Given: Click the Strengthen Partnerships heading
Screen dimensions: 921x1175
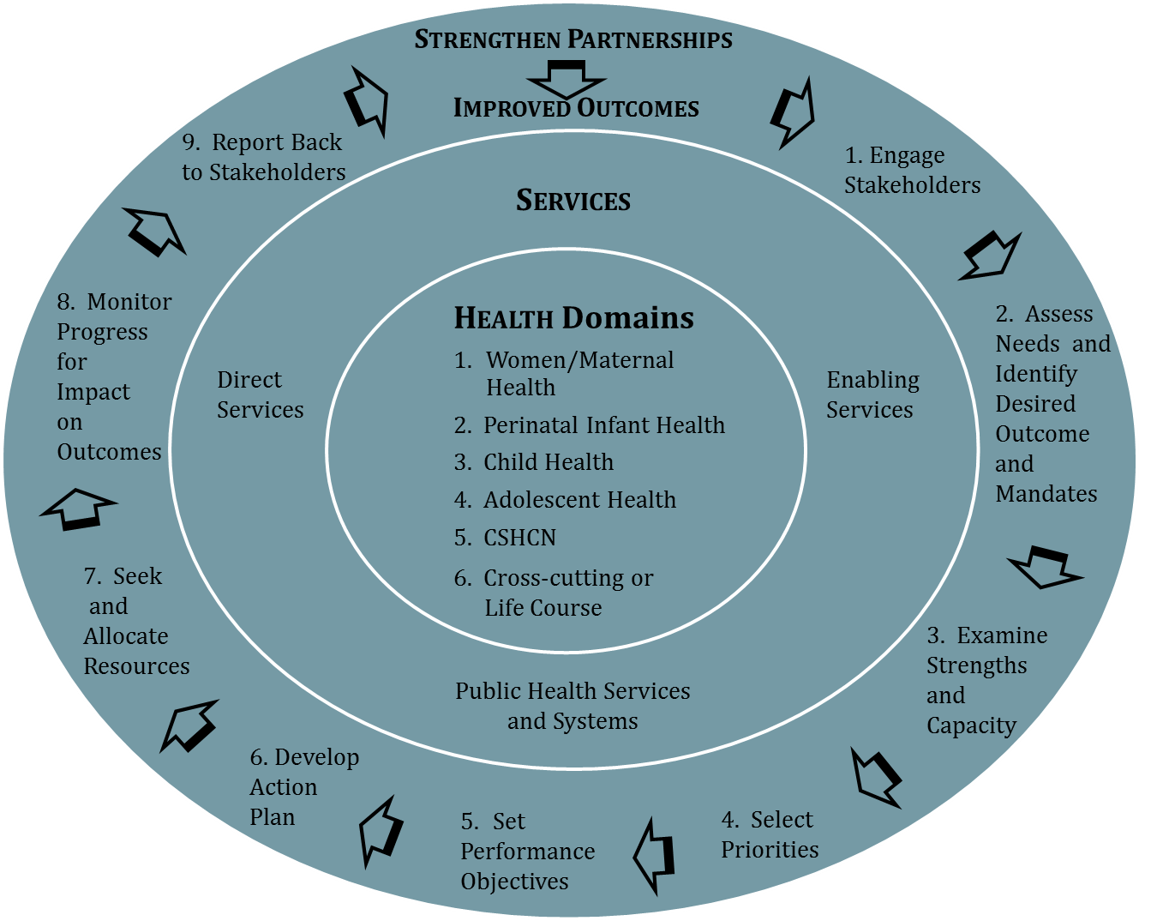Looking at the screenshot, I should click(573, 39).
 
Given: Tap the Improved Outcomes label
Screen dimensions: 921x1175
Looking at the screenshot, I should click(576, 108).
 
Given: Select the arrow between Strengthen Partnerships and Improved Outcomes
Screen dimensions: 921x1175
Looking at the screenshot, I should click(566, 78).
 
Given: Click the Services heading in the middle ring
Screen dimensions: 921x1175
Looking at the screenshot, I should click(573, 201).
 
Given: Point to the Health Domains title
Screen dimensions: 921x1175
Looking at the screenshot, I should click(573, 318).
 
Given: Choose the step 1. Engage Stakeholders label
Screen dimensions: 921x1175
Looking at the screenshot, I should click(912, 170).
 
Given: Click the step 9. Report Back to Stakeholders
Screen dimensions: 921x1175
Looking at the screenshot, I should click(263, 157).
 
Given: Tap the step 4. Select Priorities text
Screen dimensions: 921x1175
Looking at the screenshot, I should click(770, 834).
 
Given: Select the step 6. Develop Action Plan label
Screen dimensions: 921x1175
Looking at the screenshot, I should click(304, 786).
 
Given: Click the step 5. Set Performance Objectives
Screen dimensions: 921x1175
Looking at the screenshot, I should click(527, 851).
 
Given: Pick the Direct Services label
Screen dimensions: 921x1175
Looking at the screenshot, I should click(260, 394).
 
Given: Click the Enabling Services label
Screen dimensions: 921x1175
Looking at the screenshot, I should click(872, 394).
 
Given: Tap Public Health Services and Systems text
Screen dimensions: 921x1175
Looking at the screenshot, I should click(573, 706).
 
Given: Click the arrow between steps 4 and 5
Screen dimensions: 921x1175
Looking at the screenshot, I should click(655, 856).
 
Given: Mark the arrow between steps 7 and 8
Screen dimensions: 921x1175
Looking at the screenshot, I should click(78, 508).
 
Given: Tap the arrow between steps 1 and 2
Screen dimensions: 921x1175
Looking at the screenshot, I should click(991, 255).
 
